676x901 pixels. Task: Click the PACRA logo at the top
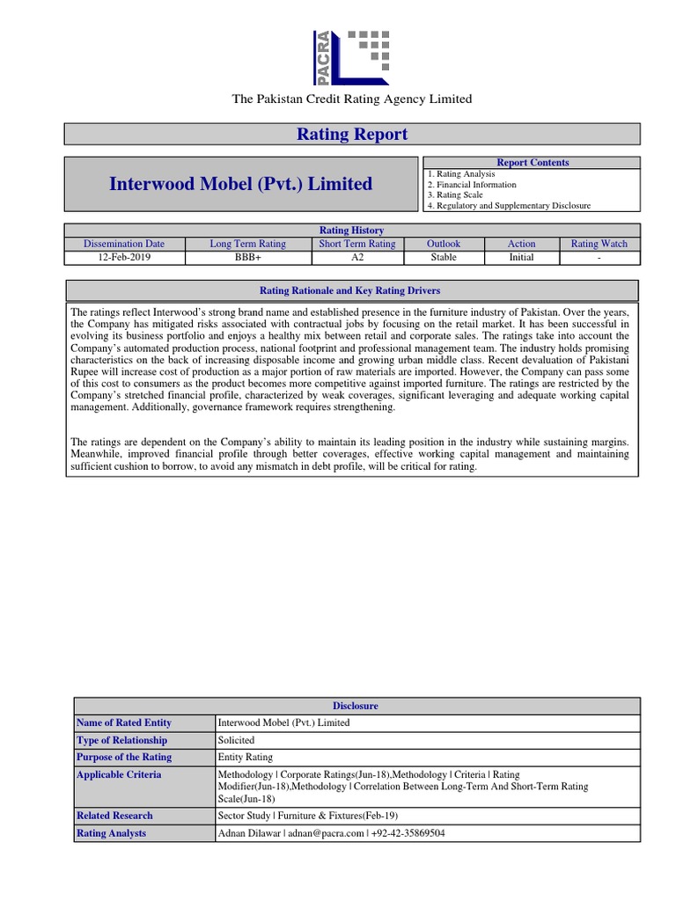coord(351,55)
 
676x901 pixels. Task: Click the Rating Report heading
coord(351,134)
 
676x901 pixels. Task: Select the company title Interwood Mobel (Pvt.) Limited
coord(240,184)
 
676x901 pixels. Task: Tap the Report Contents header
coord(533,163)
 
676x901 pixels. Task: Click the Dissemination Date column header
coord(123,244)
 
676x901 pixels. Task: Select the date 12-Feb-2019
coord(123,258)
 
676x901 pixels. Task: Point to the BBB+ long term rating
coord(247,258)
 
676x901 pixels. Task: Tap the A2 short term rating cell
coord(356,258)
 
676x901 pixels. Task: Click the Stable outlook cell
coord(444,258)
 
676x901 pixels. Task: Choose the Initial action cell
coord(521,258)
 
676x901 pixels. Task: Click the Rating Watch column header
coord(599,244)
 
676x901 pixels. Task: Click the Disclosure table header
coord(356,706)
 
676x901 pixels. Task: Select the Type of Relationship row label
coord(121,740)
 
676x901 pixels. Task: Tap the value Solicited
coord(237,740)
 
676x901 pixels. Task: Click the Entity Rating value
coord(246,757)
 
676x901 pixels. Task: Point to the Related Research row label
coord(114,816)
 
